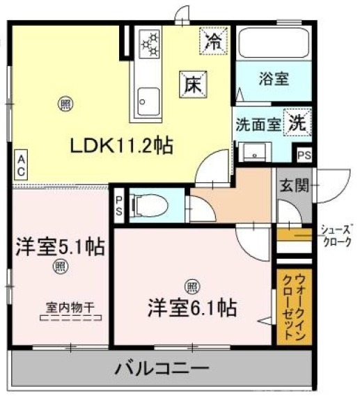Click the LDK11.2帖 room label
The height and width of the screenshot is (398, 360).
[120, 145]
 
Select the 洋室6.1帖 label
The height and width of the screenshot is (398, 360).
[189, 307]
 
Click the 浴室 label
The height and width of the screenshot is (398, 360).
[273, 79]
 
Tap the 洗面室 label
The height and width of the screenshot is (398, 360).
[258, 126]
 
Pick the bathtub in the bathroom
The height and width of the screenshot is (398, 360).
[272, 45]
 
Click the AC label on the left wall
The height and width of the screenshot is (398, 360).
[22, 166]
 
